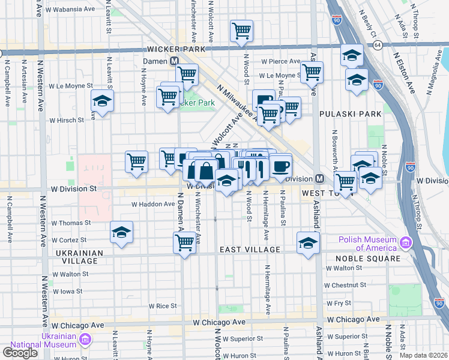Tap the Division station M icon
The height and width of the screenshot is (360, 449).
point(320,179)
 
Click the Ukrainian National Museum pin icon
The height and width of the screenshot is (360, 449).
point(85,341)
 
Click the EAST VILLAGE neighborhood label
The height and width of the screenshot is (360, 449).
point(250,250)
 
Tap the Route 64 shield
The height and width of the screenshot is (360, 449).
point(377,45)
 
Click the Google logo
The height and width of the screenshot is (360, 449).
point(20,353)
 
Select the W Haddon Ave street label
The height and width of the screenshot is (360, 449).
point(154,204)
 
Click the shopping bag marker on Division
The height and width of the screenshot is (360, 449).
point(206,170)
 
